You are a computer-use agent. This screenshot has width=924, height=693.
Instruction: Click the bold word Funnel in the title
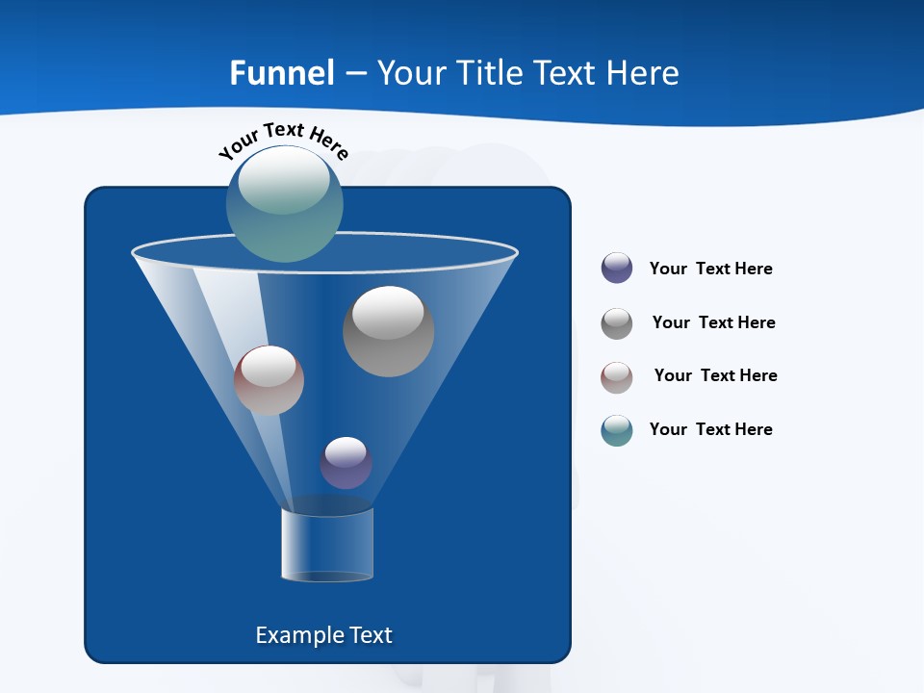click(x=282, y=73)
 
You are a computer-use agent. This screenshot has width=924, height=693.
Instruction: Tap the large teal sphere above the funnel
click(x=285, y=204)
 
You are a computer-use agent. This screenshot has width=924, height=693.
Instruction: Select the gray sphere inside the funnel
click(x=388, y=332)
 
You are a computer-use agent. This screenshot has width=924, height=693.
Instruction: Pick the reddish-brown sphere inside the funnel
click(x=269, y=380)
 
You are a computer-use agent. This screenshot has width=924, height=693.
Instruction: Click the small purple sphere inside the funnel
click(x=346, y=463)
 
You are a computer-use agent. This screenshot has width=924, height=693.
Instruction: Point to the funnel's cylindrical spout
click(x=327, y=544)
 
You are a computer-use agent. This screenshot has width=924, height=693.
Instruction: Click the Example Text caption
click(x=324, y=635)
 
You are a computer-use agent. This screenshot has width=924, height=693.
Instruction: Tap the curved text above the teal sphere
click(x=284, y=139)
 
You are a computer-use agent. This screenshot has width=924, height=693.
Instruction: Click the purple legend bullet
click(x=617, y=268)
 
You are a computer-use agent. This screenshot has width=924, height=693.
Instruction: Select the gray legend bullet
click(x=617, y=322)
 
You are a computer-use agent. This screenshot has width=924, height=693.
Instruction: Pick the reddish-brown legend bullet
click(x=617, y=376)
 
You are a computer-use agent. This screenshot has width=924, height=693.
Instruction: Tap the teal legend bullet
click(x=617, y=429)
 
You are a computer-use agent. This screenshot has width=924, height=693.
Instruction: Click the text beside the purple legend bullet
click(x=710, y=269)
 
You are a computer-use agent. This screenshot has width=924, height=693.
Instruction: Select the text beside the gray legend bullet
click(x=713, y=322)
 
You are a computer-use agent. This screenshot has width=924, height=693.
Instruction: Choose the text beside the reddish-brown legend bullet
click(x=715, y=375)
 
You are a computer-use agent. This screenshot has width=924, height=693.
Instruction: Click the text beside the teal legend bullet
click(x=710, y=429)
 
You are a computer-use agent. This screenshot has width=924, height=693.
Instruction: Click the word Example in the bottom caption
click(x=296, y=635)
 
